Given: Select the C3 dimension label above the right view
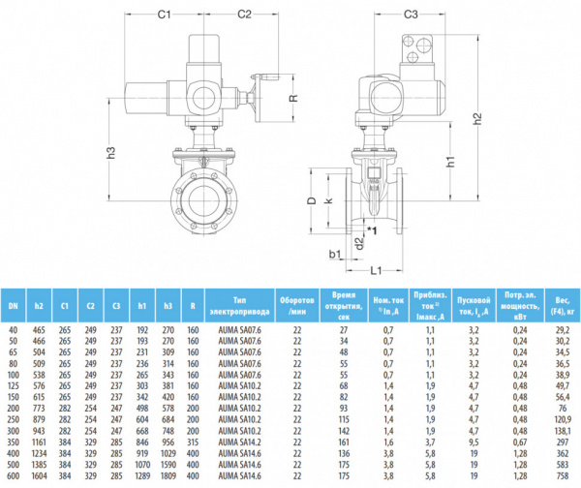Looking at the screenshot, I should click(x=411, y=15).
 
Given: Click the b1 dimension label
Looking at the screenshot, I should click(x=336, y=254).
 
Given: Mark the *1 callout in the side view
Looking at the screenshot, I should click(x=372, y=229).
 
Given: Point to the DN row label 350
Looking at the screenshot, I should click(x=13, y=441).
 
